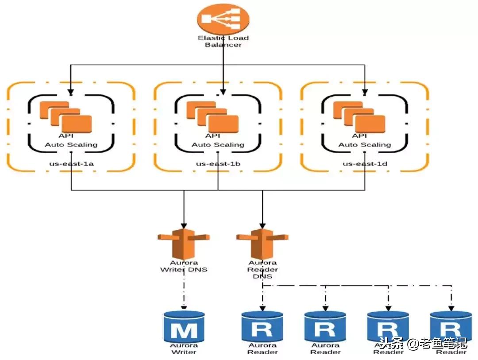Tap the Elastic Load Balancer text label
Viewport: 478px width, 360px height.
pyautogui.click(x=223, y=41)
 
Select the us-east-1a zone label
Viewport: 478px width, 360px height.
pyautogui.click(x=71, y=163)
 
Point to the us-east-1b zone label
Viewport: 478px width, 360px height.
pyautogui.click(x=218, y=163)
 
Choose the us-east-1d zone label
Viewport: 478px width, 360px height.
pyautogui.click(x=365, y=163)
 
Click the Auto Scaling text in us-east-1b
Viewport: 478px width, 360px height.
pyautogui.click(x=218, y=145)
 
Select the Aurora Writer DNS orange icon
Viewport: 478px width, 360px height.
pyautogui.click(x=183, y=244)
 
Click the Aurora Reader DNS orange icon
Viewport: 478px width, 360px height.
pyautogui.click(x=262, y=244)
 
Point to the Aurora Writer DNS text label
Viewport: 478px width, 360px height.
pyautogui.click(x=183, y=266)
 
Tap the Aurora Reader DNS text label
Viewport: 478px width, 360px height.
pyautogui.click(x=262, y=269)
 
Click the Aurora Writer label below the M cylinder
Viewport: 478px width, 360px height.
pyautogui.click(x=184, y=348)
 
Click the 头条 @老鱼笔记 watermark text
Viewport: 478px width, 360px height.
pyautogui.click(x=423, y=343)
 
